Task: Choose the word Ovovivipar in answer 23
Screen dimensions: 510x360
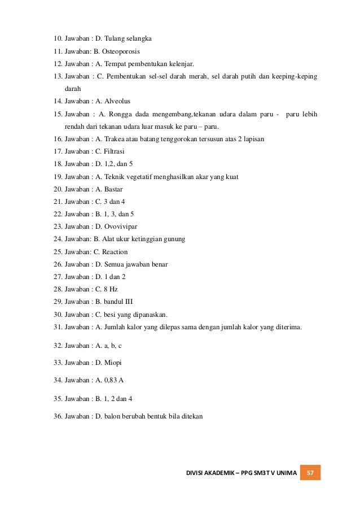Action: tap(122, 226)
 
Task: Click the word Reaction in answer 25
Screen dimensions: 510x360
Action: tap(115, 251)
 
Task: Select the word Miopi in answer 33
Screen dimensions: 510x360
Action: tap(113, 362)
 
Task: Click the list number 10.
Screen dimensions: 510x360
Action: tap(57, 39)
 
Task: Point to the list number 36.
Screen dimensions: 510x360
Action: tap(57, 416)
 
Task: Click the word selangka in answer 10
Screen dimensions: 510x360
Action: tap(139, 39)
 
